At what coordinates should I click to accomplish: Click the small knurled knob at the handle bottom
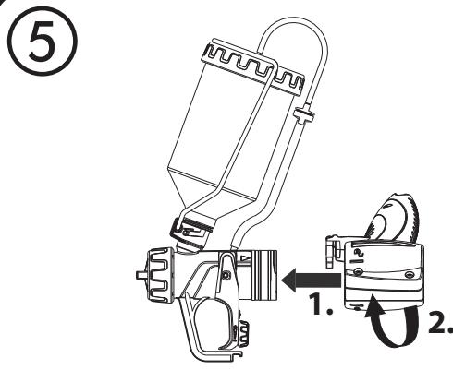tap(245, 329)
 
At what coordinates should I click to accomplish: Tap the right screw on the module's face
tap(408, 275)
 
